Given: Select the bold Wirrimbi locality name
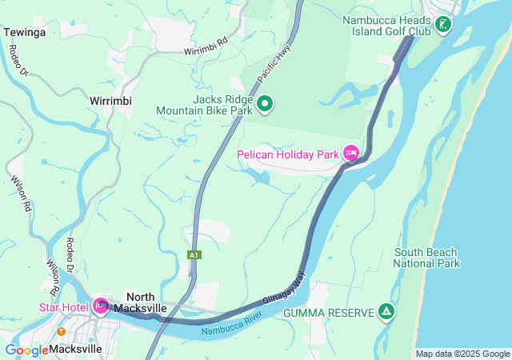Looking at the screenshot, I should click(110, 102).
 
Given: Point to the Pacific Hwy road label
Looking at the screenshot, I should click(271, 69).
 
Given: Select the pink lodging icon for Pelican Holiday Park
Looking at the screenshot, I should click(350, 153).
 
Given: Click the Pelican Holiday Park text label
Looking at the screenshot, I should click(288, 154).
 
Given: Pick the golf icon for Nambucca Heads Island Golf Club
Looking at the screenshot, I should click(442, 25).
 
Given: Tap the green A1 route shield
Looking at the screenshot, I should click(194, 254).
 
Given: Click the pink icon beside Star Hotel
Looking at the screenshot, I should click(100, 306).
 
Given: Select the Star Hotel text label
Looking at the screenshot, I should click(63, 306).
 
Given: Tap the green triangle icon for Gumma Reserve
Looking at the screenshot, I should click(386, 311).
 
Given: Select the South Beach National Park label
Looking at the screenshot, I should click(426, 258).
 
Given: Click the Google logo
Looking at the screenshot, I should click(26, 350).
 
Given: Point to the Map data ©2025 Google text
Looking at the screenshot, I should click(462, 354).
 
